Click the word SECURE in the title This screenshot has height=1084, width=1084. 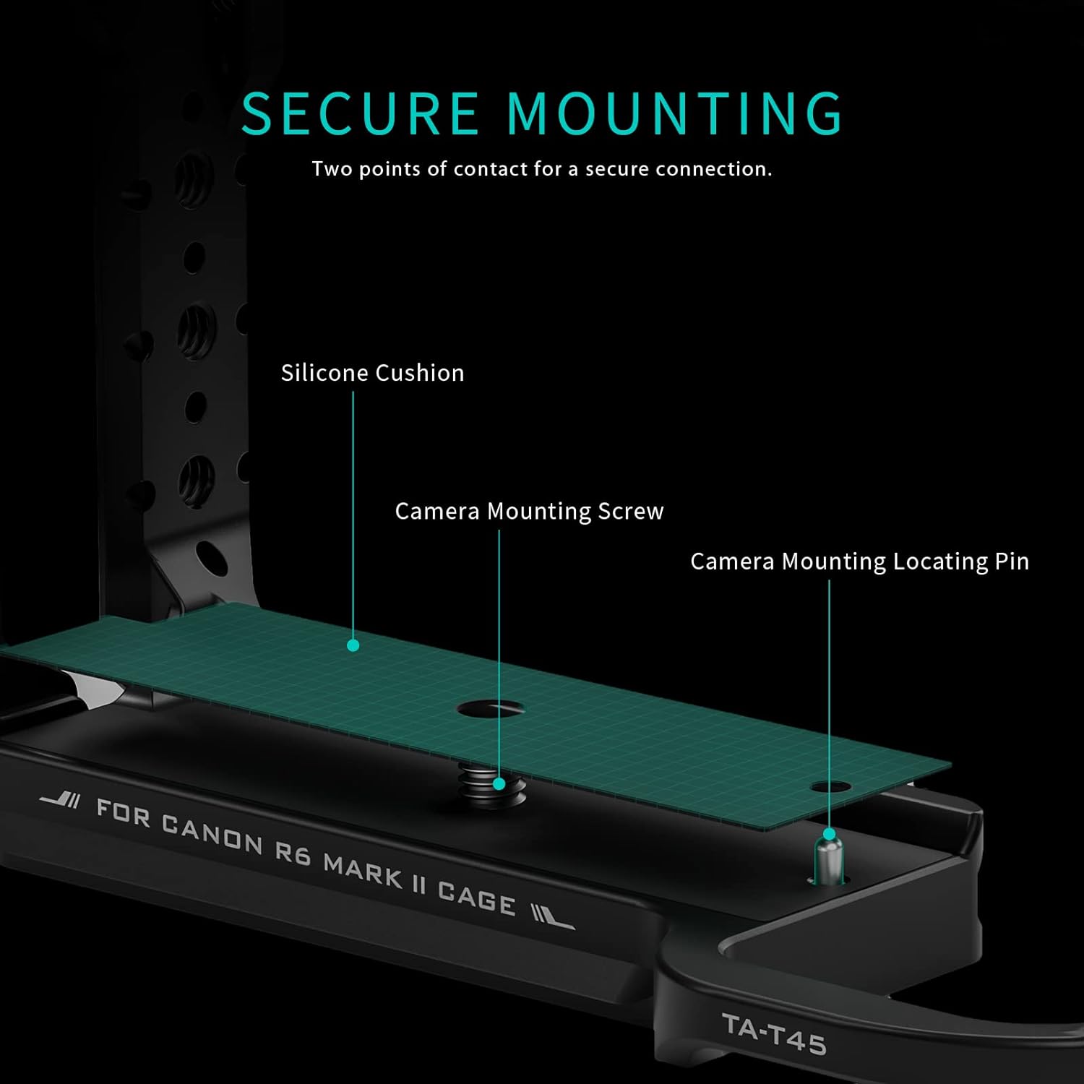click(359, 113)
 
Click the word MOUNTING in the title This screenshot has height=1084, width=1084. click(674, 113)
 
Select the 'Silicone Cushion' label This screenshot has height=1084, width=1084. click(372, 373)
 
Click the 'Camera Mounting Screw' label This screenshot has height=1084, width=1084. click(529, 511)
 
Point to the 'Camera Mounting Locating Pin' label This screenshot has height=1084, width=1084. click(859, 562)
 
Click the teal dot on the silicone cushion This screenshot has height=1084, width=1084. click(353, 645)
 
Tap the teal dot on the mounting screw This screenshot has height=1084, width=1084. click(499, 783)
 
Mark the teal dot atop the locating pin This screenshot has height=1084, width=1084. click(830, 834)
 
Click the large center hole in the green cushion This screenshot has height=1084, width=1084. click(490, 709)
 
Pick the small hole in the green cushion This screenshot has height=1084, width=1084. click(830, 786)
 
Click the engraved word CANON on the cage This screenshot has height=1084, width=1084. click(212, 833)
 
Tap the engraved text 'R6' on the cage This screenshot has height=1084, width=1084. click(293, 853)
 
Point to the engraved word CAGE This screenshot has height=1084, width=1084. click(476, 898)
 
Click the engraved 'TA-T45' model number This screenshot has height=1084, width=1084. click(773, 1034)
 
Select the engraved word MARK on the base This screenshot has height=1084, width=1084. click(363, 871)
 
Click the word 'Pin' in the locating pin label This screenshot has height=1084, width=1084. click(1012, 562)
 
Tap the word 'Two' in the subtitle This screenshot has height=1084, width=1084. click(332, 169)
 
